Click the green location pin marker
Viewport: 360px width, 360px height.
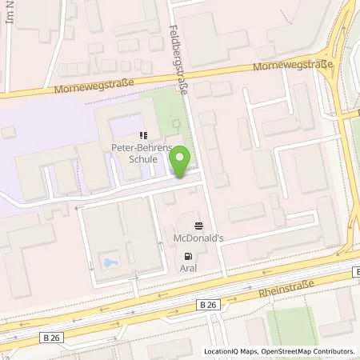coord(182,162)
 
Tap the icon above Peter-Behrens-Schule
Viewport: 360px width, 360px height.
coord(143,135)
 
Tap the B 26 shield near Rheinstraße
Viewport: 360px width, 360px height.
coord(208,305)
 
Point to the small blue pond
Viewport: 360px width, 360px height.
coord(109,262)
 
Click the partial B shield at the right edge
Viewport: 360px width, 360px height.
coord(356,274)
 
